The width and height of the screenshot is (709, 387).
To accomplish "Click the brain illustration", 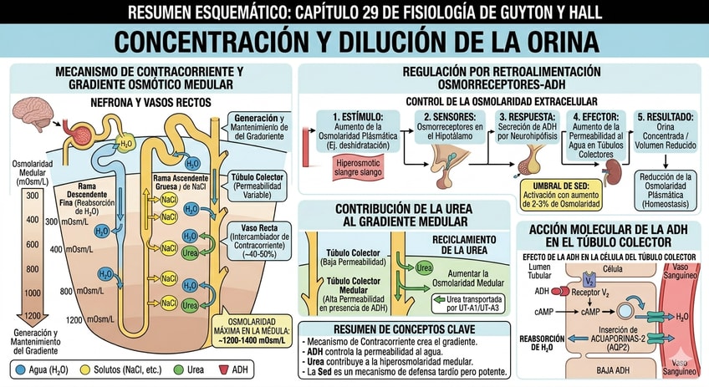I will click(x=34, y=119).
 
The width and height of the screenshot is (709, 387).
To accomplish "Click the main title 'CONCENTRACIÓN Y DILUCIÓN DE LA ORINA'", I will click(x=354, y=42).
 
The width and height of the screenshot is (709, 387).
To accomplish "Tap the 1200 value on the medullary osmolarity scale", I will click(x=32, y=317).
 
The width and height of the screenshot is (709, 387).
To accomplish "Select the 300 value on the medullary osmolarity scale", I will click(x=32, y=196).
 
